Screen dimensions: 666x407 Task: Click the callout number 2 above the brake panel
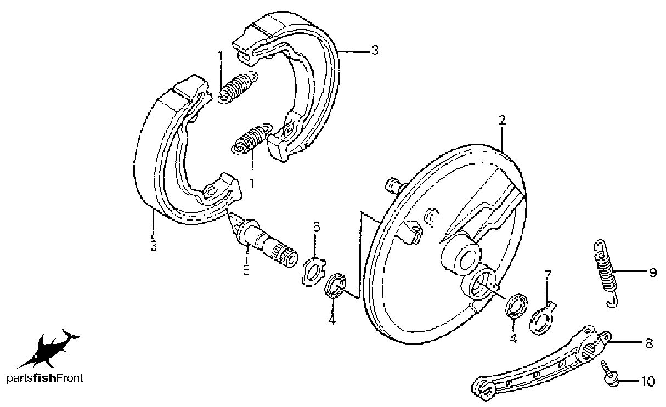(x=502, y=121)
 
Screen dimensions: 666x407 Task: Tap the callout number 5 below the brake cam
(x=246, y=270)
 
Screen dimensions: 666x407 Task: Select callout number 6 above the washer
(x=317, y=227)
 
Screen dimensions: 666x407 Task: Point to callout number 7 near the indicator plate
(x=548, y=275)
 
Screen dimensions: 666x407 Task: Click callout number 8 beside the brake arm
(x=649, y=343)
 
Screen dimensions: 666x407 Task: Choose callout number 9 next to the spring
(x=653, y=272)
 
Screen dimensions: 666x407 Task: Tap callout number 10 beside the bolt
(x=647, y=381)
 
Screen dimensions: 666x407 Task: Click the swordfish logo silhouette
(x=49, y=349)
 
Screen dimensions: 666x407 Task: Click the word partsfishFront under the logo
(x=44, y=378)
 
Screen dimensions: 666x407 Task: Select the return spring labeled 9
(x=605, y=273)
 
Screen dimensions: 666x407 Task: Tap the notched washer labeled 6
(x=314, y=272)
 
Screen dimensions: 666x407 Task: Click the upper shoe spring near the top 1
(x=238, y=88)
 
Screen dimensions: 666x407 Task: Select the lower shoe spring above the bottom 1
(x=252, y=139)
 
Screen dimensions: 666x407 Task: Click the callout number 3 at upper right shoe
(x=375, y=50)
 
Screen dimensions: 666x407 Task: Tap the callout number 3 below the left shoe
(x=153, y=246)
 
